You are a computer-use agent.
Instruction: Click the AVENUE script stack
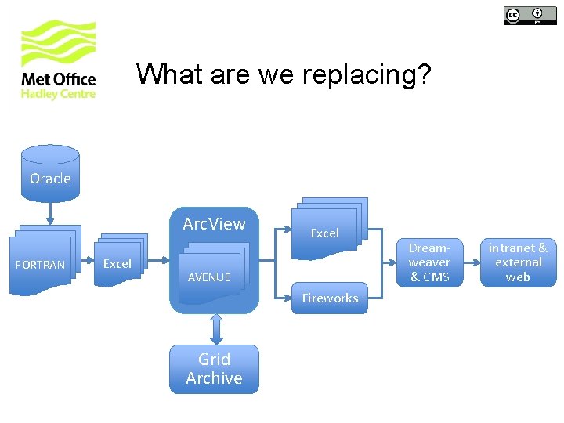(211, 274)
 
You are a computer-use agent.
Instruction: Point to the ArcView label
(214, 224)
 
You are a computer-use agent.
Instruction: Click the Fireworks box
(330, 298)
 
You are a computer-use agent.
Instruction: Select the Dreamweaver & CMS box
(429, 262)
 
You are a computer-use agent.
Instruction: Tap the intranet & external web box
(518, 262)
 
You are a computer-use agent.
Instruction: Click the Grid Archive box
(214, 368)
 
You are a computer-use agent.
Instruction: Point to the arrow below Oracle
(50, 212)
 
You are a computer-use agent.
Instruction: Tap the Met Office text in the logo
(59, 79)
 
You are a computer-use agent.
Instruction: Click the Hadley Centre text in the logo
(59, 94)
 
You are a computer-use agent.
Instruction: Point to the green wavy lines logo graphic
(59, 43)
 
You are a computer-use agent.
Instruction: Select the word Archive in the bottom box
(214, 378)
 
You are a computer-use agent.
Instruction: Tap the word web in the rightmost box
(518, 277)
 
